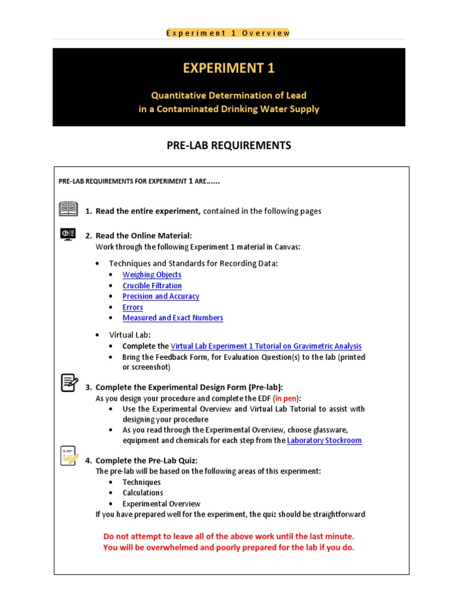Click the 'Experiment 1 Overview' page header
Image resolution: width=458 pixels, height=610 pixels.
[x=228, y=33]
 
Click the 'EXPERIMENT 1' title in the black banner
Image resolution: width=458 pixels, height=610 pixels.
[x=228, y=68]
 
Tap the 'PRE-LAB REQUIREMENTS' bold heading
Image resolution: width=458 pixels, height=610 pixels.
[x=229, y=145]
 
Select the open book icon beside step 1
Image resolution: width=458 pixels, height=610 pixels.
[x=69, y=209]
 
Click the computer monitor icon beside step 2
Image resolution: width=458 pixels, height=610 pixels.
[x=69, y=234]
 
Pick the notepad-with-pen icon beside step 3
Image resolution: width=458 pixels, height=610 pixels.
[x=69, y=382]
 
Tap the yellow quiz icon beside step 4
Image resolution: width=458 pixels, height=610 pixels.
[x=69, y=456]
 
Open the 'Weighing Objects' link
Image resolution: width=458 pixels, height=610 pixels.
[x=151, y=275]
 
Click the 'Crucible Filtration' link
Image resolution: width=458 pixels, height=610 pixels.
[x=152, y=286]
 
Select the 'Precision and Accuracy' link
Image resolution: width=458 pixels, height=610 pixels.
[x=160, y=296]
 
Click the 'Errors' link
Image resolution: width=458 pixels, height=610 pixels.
[x=132, y=307]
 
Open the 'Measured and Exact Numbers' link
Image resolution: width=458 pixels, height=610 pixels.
[x=172, y=318]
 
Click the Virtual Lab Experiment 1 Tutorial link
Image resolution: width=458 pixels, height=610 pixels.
[x=266, y=346]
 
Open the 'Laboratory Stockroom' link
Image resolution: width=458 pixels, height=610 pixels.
[x=324, y=441]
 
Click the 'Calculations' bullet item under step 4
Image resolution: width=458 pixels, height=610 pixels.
[x=143, y=493]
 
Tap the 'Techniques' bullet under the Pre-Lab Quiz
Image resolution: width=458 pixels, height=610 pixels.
[x=141, y=482]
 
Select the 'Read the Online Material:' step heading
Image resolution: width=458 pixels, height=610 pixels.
[x=144, y=236]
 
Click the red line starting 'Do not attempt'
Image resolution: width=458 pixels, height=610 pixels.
[x=228, y=536]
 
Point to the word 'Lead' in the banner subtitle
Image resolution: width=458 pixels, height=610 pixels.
[x=296, y=95]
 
